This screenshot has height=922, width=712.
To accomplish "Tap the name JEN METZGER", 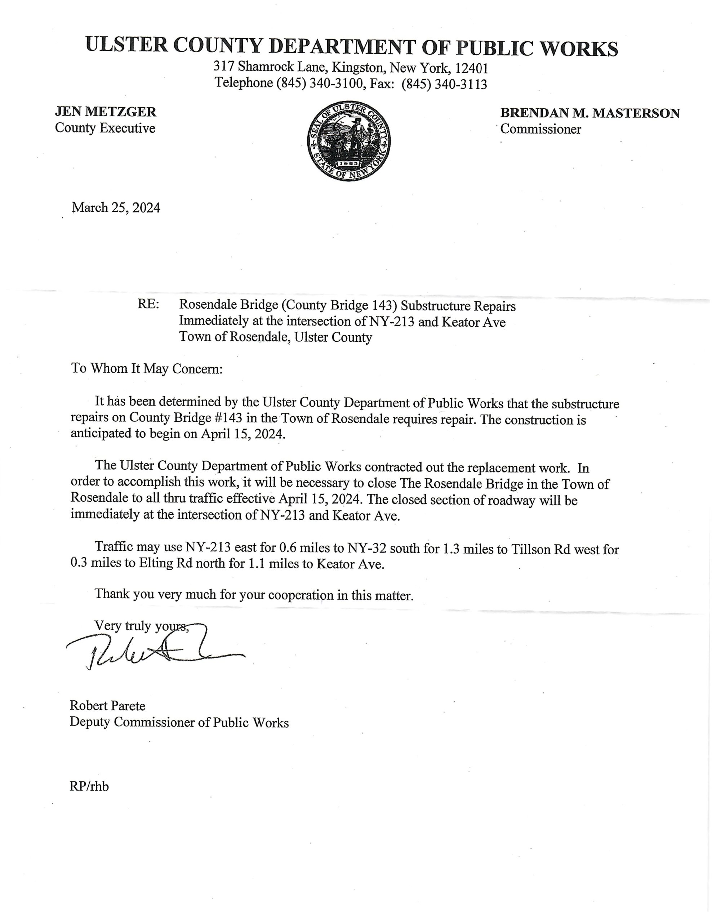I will pyautogui.click(x=105, y=112).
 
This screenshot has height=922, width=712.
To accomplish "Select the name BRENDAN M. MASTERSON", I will pyautogui.click(x=589, y=113).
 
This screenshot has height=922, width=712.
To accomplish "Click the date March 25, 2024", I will pyautogui.click(x=116, y=208).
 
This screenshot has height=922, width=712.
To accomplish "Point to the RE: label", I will pyautogui.click(x=148, y=304).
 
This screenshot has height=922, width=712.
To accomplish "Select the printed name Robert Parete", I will pyautogui.click(x=107, y=706).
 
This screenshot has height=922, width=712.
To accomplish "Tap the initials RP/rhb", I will pyautogui.click(x=89, y=787).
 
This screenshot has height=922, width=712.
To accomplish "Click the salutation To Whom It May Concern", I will pyautogui.click(x=147, y=368).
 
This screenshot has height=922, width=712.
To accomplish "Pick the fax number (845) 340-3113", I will pyautogui.click(x=444, y=84).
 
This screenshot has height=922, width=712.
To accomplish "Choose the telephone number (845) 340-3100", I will pyautogui.click(x=320, y=84).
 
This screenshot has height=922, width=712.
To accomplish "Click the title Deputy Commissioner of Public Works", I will pyautogui.click(x=179, y=722).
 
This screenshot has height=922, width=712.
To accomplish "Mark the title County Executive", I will pyautogui.click(x=105, y=128).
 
